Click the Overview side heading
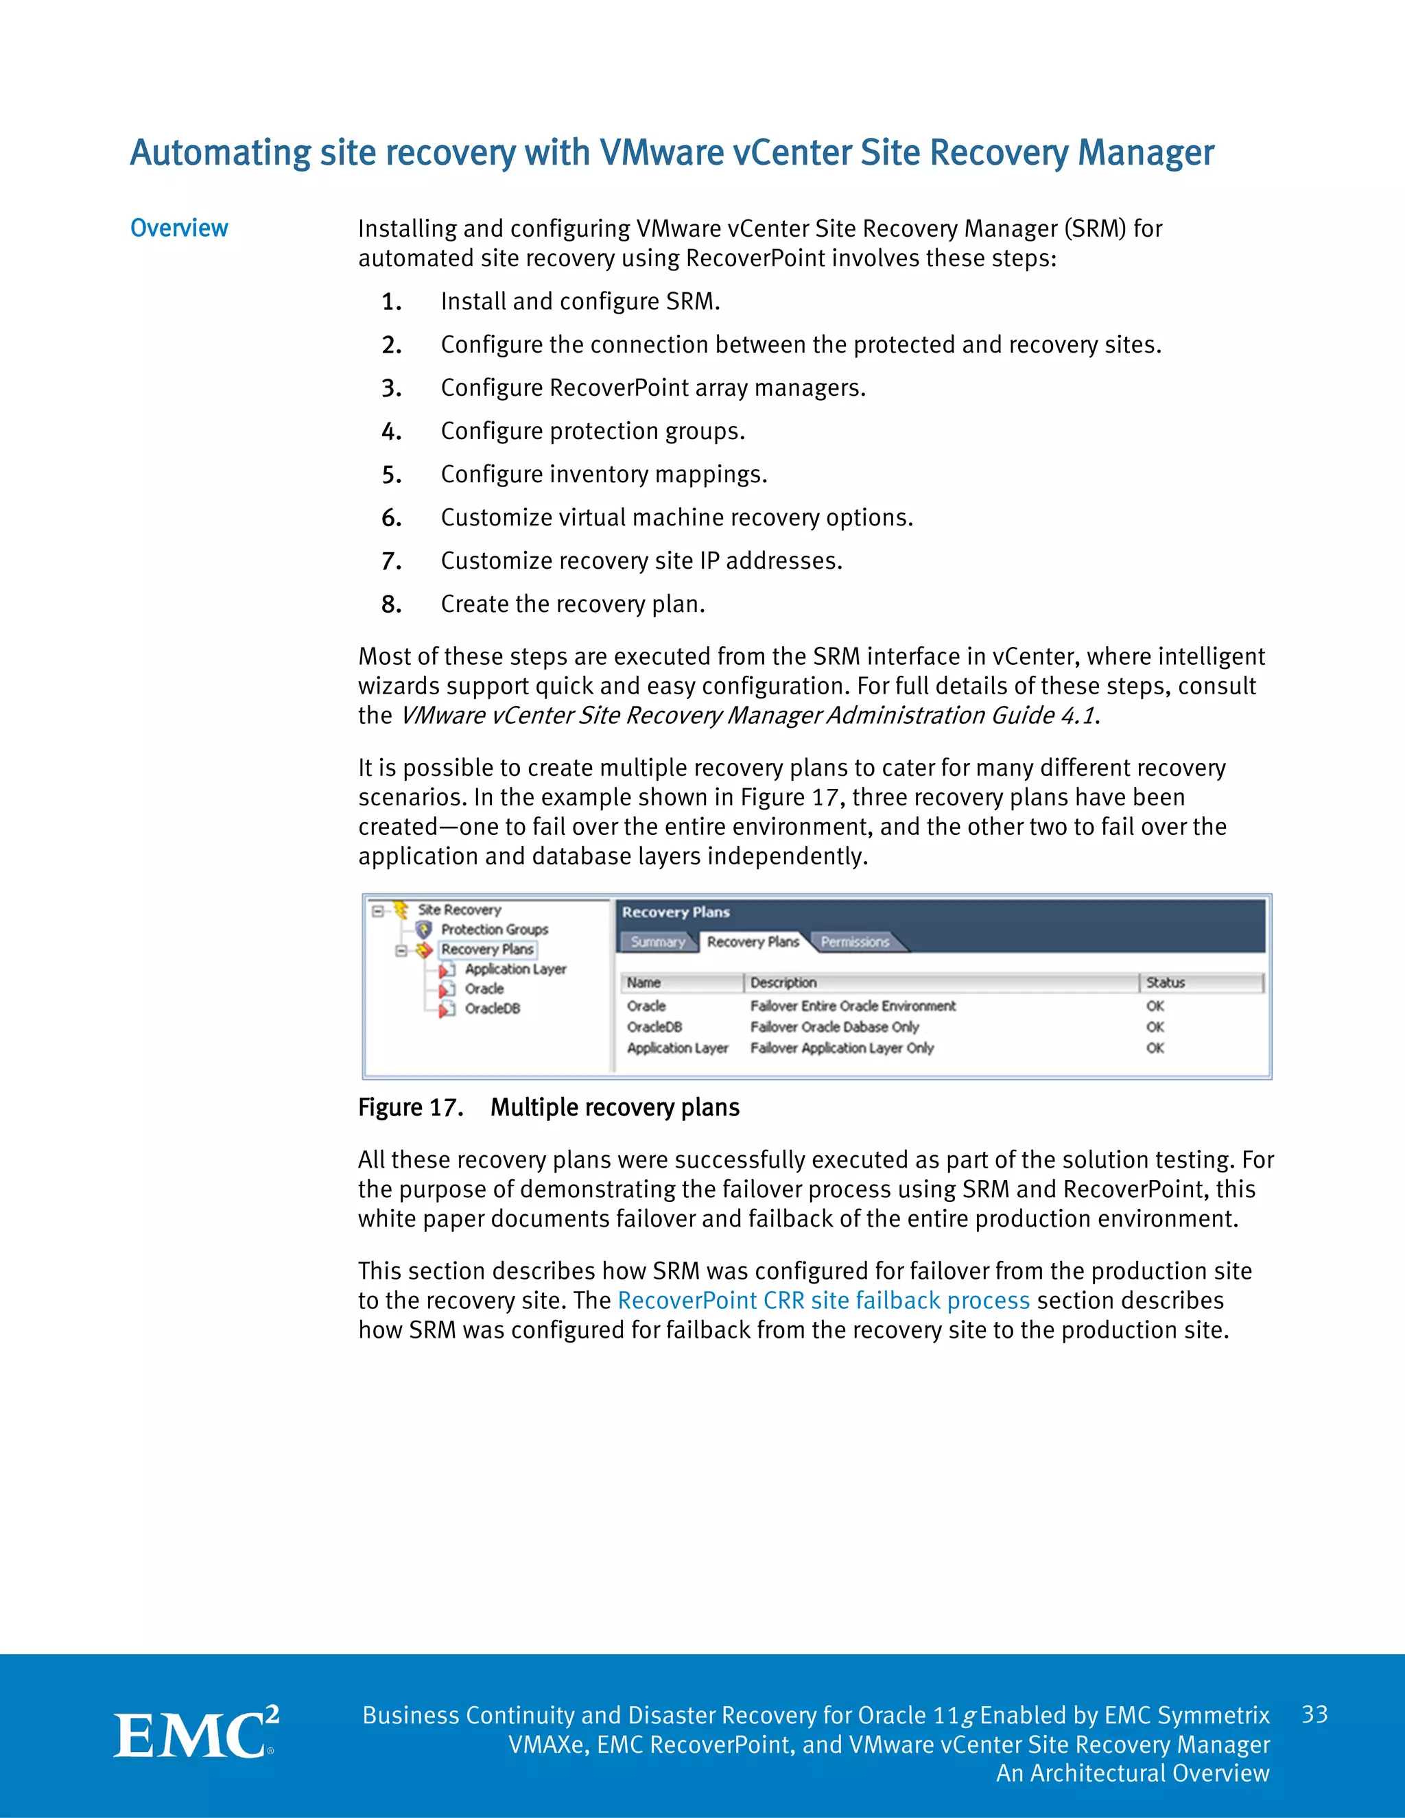click(179, 228)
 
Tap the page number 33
click(1314, 1714)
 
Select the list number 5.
click(391, 475)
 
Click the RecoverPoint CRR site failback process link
click(823, 1300)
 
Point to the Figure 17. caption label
click(410, 1107)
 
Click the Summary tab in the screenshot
click(657, 941)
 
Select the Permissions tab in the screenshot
click(855, 941)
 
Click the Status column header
click(1166, 982)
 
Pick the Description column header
click(783, 982)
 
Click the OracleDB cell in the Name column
click(654, 1026)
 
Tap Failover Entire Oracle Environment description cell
click(852, 1006)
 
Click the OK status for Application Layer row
click(1155, 1048)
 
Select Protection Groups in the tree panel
click(495, 929)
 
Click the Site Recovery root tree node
click(459, 910)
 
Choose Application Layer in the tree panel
click(515, 969)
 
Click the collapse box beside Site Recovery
click(378, 910)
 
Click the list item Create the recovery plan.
click(573, 604)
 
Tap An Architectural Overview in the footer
click(1132, 1773)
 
